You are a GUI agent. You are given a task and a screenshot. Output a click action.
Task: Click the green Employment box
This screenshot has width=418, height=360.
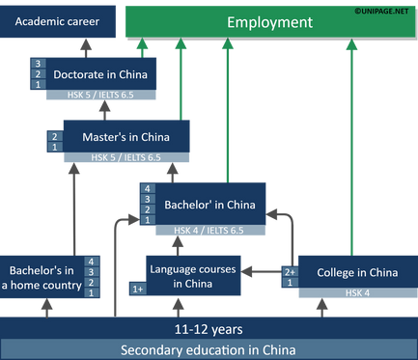tap(269, 21)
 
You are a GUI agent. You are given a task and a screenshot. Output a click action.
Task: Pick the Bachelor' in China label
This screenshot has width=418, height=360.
tap(209, 205)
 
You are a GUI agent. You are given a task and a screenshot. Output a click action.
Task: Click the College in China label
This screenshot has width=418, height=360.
tap(356, 272)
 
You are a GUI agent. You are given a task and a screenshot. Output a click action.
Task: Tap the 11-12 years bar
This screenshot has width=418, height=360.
tap(208, 328)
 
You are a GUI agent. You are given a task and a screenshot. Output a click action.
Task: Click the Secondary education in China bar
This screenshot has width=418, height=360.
tap(208, 349)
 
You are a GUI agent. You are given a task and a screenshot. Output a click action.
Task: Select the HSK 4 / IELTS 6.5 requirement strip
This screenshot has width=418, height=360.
tap(209, 231)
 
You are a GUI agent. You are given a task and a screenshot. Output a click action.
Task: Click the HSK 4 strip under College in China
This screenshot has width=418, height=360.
tap(356, 292)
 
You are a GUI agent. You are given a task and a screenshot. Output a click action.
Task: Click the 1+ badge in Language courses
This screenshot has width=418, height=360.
tap(138, 289)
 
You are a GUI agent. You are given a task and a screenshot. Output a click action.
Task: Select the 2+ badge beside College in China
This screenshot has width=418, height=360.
tap(288, 271)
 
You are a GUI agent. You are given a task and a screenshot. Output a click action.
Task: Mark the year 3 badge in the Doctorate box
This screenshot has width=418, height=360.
tap(37, 64)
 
